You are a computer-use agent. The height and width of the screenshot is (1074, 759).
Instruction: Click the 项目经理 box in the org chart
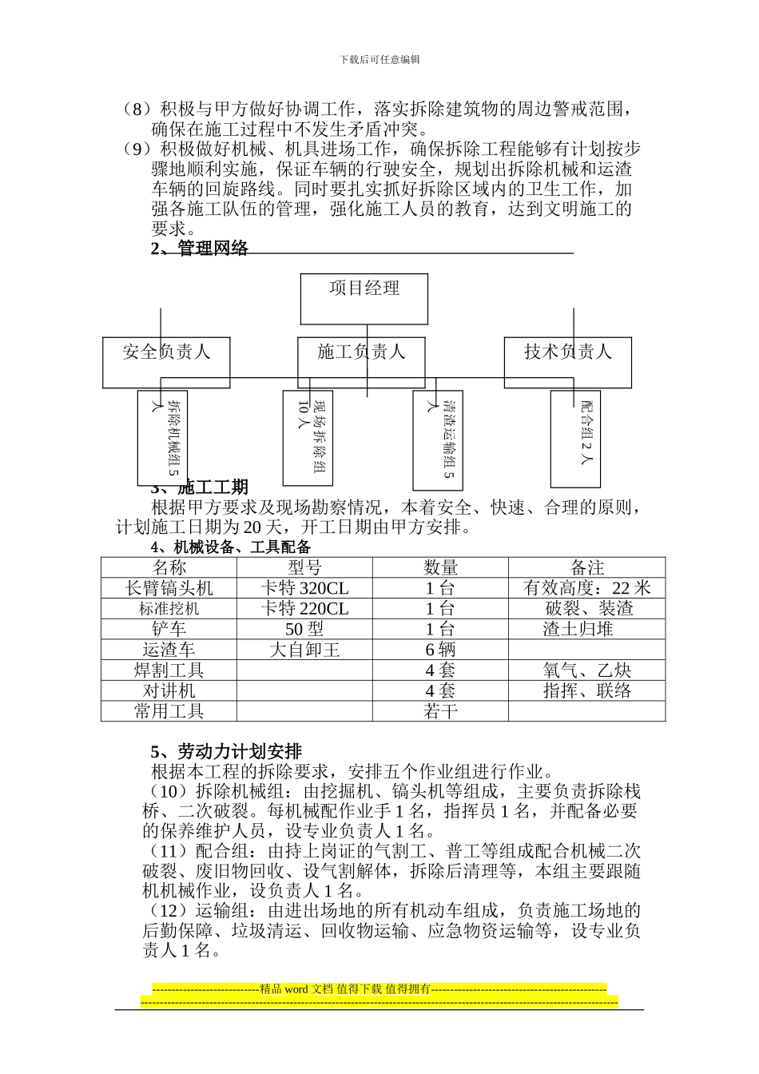(x=364, y=298)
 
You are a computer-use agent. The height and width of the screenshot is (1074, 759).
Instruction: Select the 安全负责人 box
(x=166, y=361)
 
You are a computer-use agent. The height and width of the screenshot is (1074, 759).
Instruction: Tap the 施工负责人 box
(x=361, y=361)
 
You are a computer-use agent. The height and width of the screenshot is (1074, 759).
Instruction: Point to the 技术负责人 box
(x=567, y=361)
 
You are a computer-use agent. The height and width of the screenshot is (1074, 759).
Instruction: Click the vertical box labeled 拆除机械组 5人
(x=162, y=438)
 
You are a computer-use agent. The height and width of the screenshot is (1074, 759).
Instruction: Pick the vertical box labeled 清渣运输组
(x=438, y=440)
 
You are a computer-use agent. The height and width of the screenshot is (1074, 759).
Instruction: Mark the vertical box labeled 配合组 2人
(x=576, y=438)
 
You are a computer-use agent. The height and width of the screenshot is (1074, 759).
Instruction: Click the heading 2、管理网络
(x=200, y=249)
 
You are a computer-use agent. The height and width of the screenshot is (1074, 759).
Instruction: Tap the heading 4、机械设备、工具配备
(x=231, y=547)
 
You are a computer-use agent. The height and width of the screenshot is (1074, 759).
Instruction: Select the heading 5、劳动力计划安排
(x=226, y=751)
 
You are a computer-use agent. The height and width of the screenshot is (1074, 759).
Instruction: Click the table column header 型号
(x=304, y=567)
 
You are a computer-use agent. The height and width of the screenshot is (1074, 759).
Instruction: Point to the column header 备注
(x=587, y=567)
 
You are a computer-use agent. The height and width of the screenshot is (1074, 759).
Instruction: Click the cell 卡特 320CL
(x=304, y=588)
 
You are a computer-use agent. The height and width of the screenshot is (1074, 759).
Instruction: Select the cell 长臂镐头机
(x=169, y=588)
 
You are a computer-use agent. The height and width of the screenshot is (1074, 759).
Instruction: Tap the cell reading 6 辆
(x=440, y=650)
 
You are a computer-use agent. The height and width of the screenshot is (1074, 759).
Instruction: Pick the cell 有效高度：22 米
(x=587, y=588)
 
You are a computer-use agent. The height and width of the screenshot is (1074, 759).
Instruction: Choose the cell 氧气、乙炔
(x=587, y=670)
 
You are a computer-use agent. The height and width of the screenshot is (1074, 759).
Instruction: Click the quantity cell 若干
(x=440, y=711)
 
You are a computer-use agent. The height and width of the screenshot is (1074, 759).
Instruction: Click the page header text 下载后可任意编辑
(x=379, y=59)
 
